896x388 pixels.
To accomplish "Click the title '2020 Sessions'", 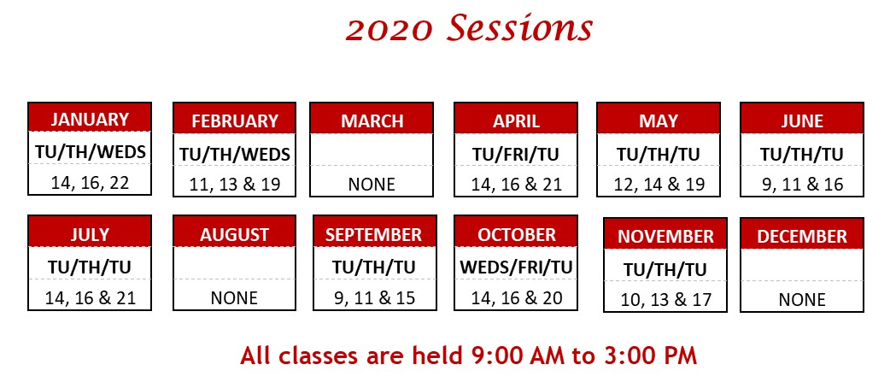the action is (469, 28).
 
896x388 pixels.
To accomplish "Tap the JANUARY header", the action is (90, 119).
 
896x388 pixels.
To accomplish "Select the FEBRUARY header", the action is (235, 121).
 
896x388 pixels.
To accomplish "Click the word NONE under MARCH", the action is (372, 184).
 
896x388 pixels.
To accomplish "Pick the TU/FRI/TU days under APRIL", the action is (515, 155).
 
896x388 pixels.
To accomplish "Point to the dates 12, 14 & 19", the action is (659, 184).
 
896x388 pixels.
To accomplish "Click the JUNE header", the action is (802, 121).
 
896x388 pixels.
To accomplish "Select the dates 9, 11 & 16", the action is (802, 184).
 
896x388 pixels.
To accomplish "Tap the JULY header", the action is (90, 233).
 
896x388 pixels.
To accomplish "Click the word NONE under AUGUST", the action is (234, 297).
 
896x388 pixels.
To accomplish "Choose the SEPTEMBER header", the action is (374, 233).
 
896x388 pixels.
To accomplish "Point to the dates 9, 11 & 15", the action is (374, 297).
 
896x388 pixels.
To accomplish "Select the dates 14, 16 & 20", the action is (515, 297).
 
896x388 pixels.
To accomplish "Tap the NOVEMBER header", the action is (665, 236).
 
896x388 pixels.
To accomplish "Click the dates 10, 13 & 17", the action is (665, 299).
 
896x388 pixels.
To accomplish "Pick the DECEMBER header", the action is (802, 236).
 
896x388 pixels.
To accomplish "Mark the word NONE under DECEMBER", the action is (802, 299).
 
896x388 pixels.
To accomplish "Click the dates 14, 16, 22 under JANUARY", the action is (90, 182).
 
